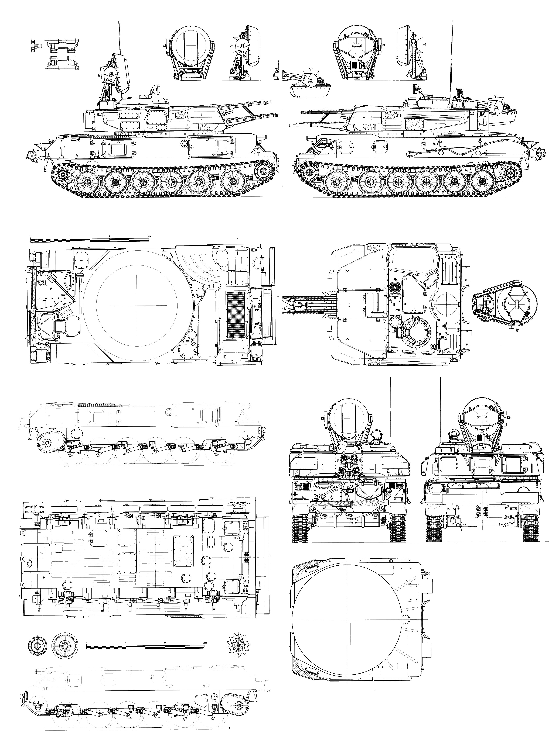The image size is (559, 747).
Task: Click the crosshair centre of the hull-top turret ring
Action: (137, 305)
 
